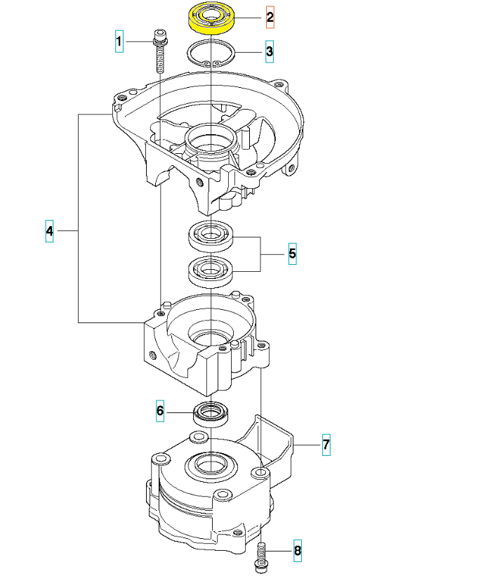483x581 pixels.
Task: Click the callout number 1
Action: pos(119,41)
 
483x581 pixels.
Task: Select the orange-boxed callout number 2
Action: pos(270,17)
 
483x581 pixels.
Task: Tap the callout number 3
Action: pos(270,51)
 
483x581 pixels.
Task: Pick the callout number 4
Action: pos(49,231)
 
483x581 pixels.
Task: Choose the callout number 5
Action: pos(293,254)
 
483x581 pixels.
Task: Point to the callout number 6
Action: pos(160,410)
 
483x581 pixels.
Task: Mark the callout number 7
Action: pos(326,445)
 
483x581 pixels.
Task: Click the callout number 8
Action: pos(298,551)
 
